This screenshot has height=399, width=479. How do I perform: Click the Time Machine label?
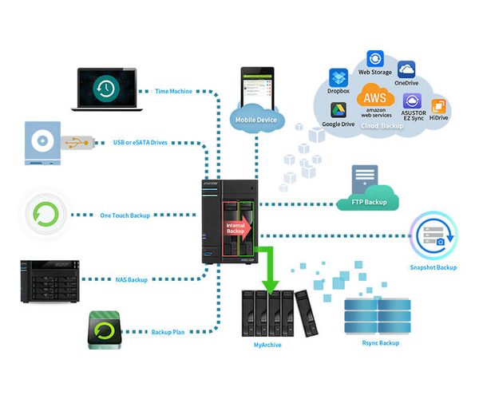click(x=173, y=91)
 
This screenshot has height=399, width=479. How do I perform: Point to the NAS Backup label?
click(x=130, y=280)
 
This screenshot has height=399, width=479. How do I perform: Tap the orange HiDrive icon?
click(x=438, y=106)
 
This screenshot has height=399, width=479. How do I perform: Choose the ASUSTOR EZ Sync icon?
click(x=412, y=101)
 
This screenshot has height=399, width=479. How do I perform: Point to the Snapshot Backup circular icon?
click(x=433, y=236)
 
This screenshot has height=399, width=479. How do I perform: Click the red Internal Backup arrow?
click(x=237, y=226)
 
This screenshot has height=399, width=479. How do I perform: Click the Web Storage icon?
click(x=374, y=58)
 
